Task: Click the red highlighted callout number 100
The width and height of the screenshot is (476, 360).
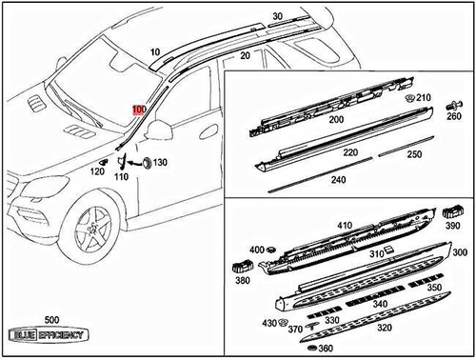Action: pos(139,110)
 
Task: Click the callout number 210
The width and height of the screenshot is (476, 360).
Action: pos(424,97)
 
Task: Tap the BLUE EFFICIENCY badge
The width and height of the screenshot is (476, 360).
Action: pos(47,335)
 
